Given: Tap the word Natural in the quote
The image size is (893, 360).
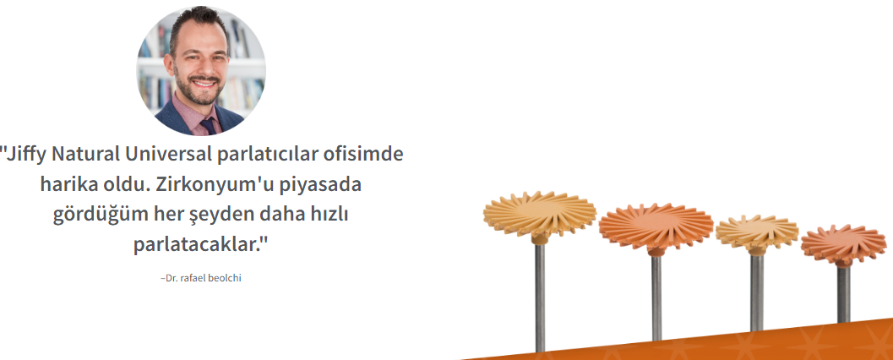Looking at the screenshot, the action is point(86,154).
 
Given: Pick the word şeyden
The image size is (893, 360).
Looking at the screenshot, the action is point(220,215).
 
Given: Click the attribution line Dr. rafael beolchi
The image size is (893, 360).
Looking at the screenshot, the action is point(201,279).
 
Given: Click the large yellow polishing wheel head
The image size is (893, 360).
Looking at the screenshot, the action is point(539,214).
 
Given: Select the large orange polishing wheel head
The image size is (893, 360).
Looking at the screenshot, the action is point(656,226).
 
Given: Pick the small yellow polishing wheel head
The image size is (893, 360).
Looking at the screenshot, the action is point(756,232).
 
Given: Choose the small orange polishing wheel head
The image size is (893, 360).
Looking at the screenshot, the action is point(843,243).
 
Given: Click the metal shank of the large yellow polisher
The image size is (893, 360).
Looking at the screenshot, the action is point(539,297).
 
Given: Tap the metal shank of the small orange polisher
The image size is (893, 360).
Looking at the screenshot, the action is point(843,294).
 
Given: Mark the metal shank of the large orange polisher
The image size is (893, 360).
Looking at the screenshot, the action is point(656,298).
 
